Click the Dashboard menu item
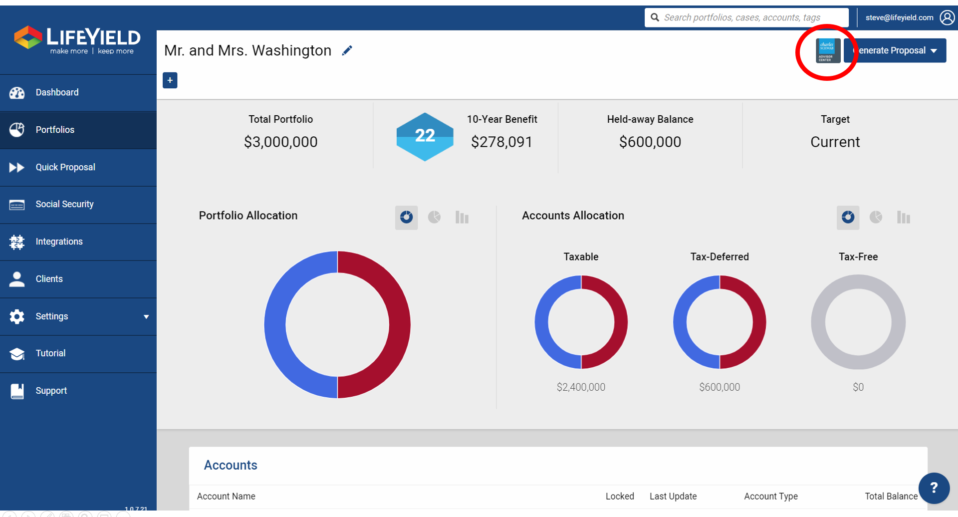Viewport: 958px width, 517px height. tap(57, 92)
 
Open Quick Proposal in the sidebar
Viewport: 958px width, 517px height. tap(65, 167)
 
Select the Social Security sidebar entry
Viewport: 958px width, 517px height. tap(64, 204)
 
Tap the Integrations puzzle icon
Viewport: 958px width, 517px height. tap(17, 242)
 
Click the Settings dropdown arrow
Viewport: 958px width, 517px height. tap(146, 317)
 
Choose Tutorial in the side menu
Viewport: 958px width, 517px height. tap(50, 353)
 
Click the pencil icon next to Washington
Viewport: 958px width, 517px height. tap(347, 50)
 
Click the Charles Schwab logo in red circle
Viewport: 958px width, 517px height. tap(827, 51)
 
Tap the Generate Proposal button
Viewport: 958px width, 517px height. tap(896, 50)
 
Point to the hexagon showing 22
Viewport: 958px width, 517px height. tap(425, 136)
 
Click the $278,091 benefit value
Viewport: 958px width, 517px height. tap(501, 142)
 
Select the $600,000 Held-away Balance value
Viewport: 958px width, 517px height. tap(650, 142)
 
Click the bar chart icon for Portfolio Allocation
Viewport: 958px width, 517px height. tap(462, 218)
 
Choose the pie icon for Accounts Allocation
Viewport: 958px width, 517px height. tap(876, 217)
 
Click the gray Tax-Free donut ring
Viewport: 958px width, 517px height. tap(818, 322)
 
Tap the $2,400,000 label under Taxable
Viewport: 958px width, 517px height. tap(581, 387)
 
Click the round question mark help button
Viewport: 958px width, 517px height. tap(934, 488)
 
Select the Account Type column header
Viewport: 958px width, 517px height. tap(770, 497)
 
